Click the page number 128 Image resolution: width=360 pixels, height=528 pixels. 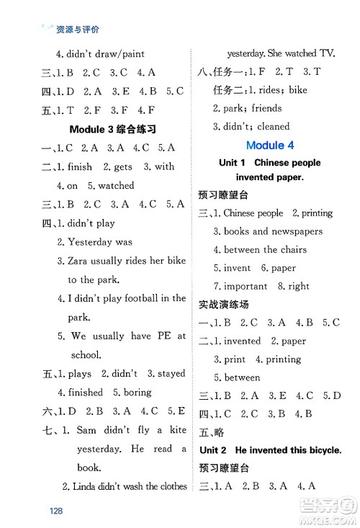tap(58, 511)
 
